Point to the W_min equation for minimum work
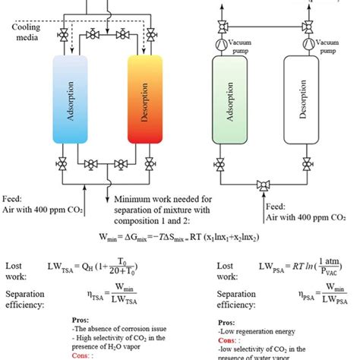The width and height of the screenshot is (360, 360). pos(179,237)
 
